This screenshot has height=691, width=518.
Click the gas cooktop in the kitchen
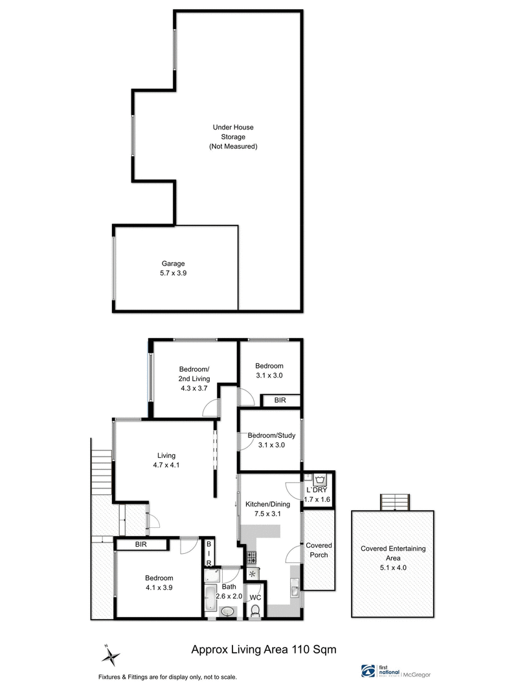tap(252, 557)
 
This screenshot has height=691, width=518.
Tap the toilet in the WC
tap(256, 611)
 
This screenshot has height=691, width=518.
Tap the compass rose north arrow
tap(111, 655)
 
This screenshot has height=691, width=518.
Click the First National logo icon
tap(366, 670)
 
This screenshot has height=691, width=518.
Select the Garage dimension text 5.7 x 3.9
tap(174, 273)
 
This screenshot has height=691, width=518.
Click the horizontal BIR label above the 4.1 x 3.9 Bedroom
tap(141, 545)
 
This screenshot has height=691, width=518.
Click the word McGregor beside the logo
tap(418, 674)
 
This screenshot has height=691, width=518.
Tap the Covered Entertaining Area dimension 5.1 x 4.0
tap(394, 567)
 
